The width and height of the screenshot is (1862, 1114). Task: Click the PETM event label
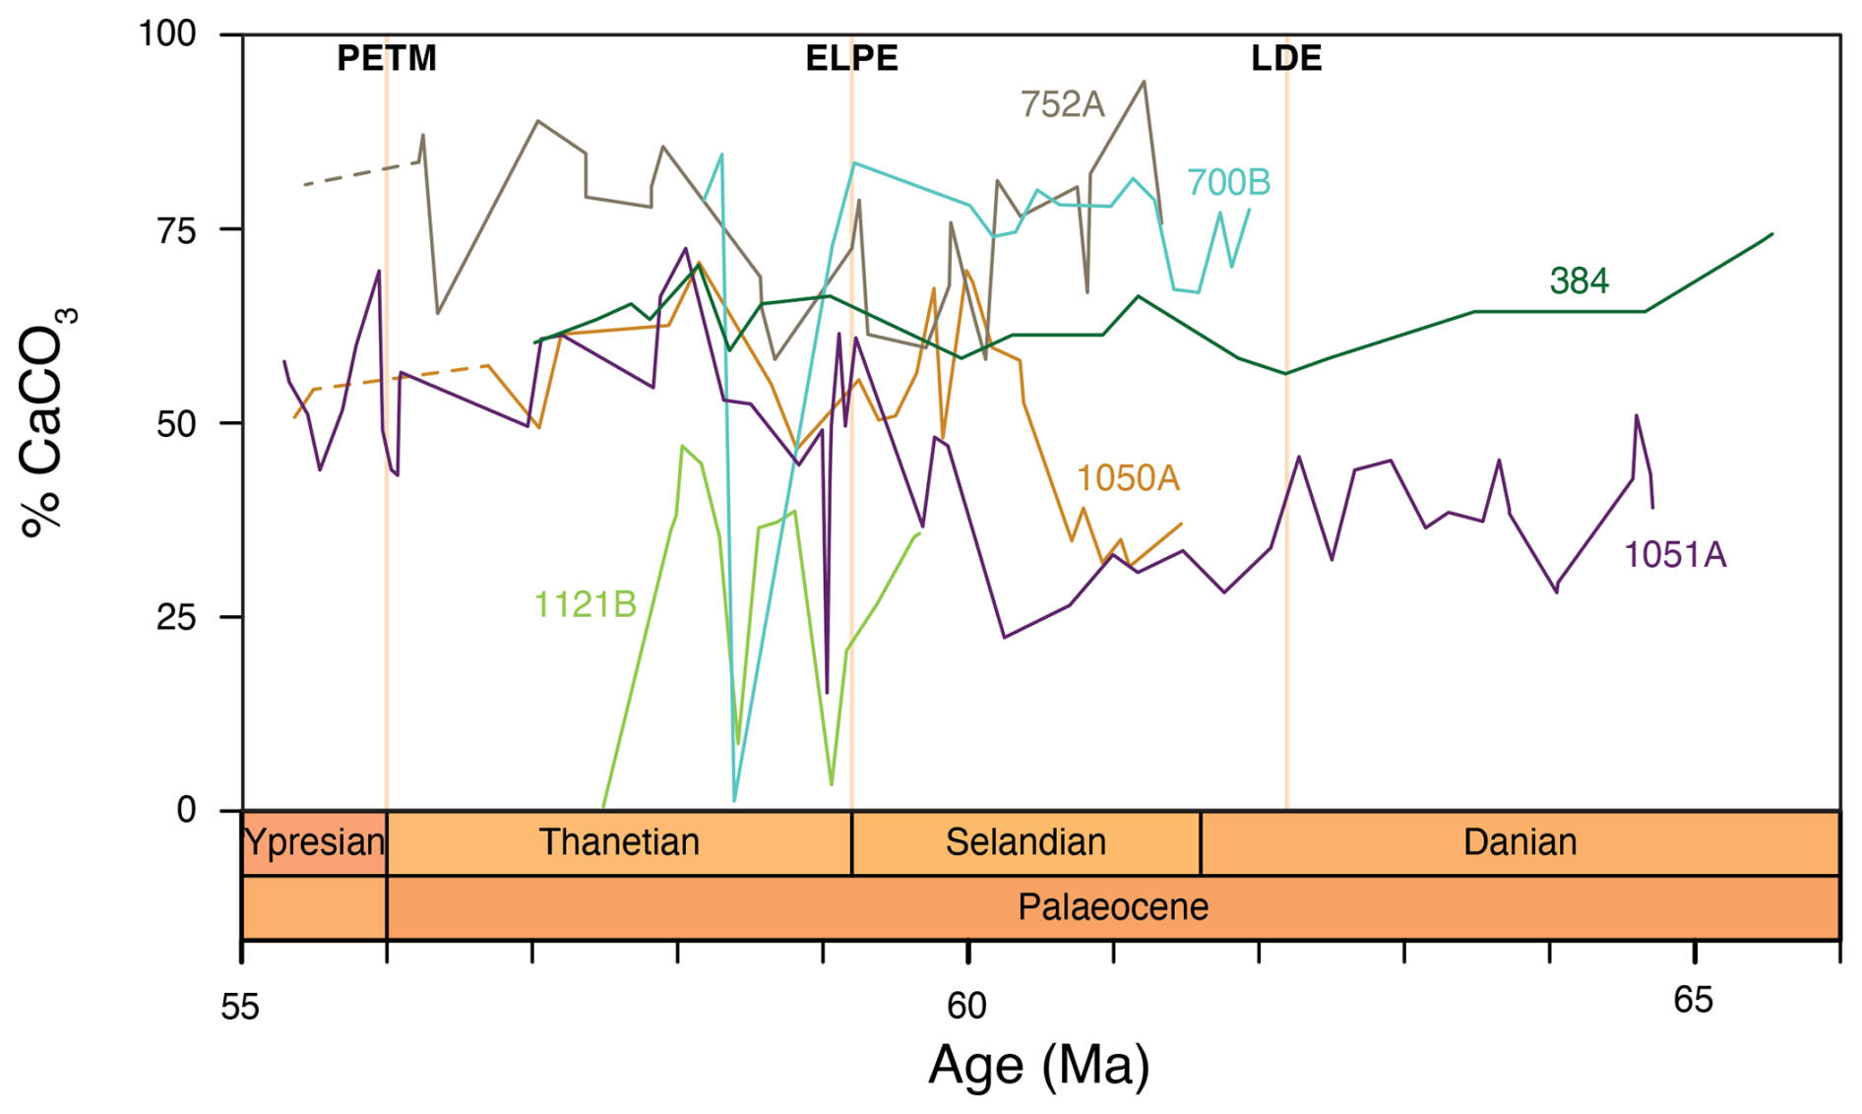tap(386, 58)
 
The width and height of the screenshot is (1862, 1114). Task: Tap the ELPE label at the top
tap(851, 58)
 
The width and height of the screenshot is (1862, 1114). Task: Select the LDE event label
tap(1285, 58)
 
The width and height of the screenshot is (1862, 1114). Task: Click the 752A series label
tap(1062, 104)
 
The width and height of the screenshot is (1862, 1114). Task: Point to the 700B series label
tap(1228, 182)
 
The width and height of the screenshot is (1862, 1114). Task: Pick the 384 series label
tap(1579, 281)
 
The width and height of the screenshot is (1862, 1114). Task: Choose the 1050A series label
tap(1127, 478)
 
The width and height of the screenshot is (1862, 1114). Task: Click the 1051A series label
tap(1674, 555)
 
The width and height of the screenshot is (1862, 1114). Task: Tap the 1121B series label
tap(585, 604)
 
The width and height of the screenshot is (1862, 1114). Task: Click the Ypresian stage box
tap(314, 843)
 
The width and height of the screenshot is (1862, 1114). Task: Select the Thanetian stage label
tap(619, 842)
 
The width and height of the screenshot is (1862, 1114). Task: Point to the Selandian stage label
tap(1025, 842)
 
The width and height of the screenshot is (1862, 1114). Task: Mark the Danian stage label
tap(1520, 842)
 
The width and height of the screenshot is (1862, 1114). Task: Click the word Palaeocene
tap(1112, 906)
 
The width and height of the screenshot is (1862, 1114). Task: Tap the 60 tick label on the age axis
tap(966, 1006)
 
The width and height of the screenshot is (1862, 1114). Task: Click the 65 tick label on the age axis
tap(1693, 1001)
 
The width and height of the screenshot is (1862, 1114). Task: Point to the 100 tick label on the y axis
tap(167, 33)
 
